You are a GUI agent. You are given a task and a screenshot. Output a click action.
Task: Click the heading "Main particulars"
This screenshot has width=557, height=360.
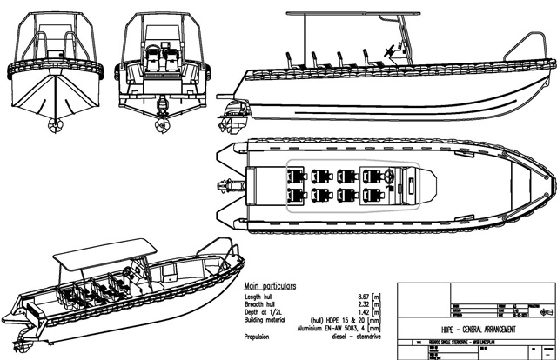coord(271,285)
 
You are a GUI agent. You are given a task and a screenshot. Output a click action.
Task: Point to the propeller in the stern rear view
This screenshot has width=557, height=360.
coord(162,123)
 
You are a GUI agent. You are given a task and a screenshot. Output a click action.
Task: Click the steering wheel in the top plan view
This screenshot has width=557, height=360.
coord(390,179)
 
